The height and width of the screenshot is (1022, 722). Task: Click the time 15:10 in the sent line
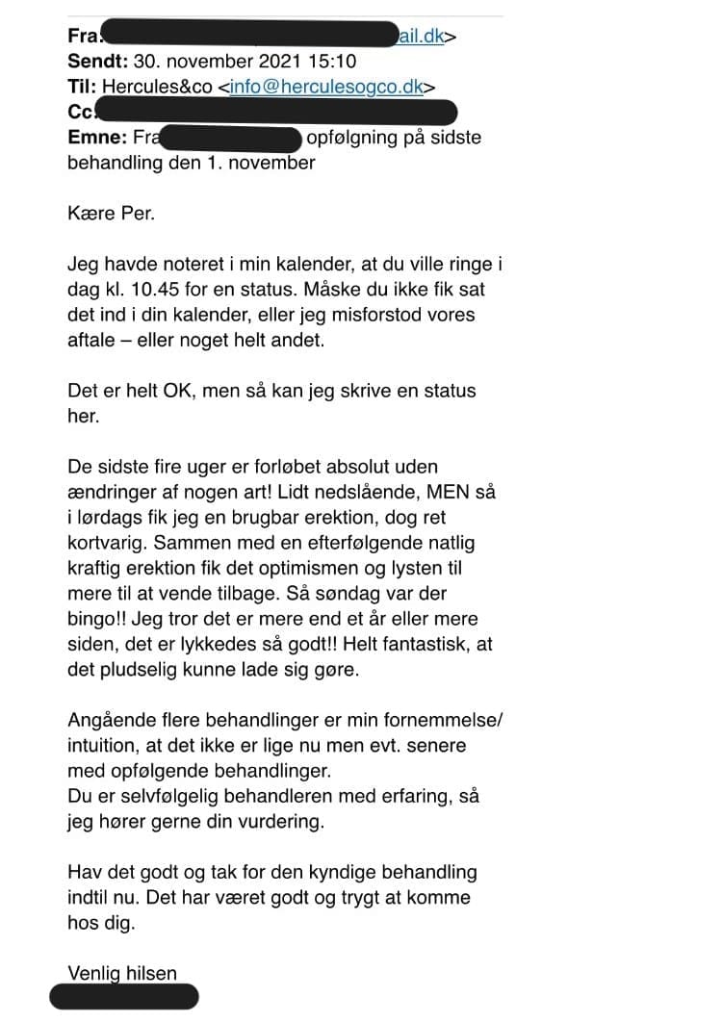coord(331,62)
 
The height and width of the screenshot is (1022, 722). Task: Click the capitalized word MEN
coord(446,492)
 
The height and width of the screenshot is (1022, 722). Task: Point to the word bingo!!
coord(101,619)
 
